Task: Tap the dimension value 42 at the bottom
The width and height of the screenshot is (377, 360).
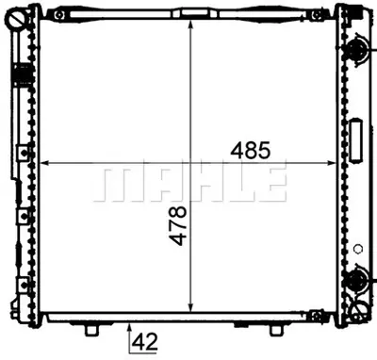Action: point(144,343)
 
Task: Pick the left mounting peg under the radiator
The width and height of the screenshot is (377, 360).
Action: point(91,329)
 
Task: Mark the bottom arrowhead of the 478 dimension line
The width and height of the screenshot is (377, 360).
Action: point(192,308)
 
